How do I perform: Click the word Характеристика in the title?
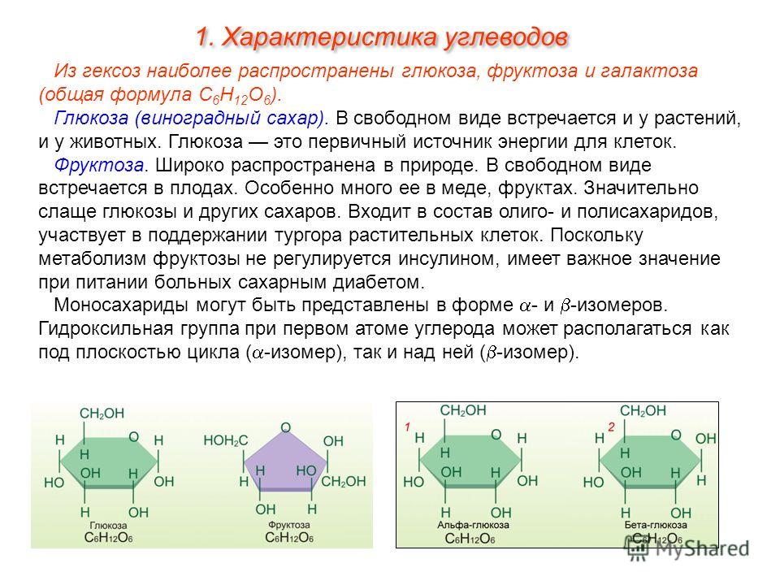point(328,37)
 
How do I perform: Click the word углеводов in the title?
point(505,38)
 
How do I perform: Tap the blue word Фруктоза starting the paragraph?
point(99,165)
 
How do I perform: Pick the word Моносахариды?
point(121,305)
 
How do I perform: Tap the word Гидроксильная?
point(106,329)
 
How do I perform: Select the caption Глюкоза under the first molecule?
point(108,526)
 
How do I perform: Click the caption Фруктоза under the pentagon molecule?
point(288,525)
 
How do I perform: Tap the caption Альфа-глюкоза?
point(473,526)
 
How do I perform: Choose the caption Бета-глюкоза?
point(656,526)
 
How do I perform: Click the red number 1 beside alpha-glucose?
point(407,427)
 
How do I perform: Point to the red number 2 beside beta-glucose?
point(611,427)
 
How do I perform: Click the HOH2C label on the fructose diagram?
point(225,440)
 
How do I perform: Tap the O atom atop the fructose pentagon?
point(285,427)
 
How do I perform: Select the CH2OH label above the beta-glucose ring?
point(643,411)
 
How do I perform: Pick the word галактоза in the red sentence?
point(648,71)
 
